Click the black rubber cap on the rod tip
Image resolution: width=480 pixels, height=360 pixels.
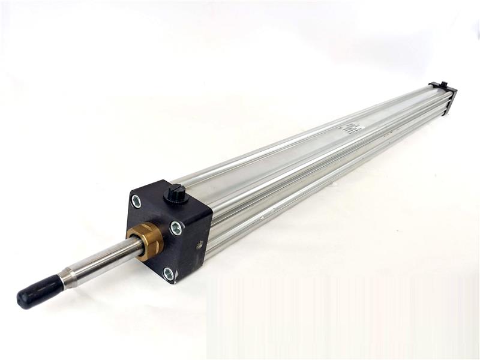(x=40, y=291)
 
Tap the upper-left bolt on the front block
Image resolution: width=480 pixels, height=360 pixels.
(x=136, y=201)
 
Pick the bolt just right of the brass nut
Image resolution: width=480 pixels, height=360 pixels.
(x=176, y=227)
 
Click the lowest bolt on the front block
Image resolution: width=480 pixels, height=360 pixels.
(x=169, y=274)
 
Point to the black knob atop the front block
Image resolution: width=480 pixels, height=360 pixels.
(x=175, y=193)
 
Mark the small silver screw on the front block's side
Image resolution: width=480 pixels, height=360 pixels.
(x=199, y=244)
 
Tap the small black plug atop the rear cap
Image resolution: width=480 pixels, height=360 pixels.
(x=443, y=84)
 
